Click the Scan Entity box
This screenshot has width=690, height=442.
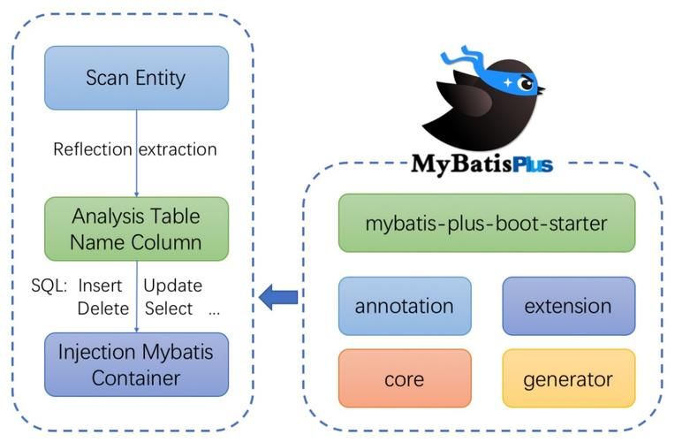coord(136,78)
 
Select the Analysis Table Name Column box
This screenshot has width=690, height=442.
coord(136,229)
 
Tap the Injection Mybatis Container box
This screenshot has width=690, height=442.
coord(136,364)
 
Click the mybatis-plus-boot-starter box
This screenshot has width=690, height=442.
coord(487,224)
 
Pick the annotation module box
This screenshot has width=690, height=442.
coord(405,307)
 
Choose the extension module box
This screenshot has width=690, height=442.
coord(568,307)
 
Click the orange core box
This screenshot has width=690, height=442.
coord(405,379)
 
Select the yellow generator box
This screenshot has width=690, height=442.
coord(568,379)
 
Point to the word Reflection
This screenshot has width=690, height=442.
coord(93,149)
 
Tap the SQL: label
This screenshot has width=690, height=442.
coord(49,286)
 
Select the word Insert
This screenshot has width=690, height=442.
coord(100,286)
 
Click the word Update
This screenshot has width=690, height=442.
coord(173,286)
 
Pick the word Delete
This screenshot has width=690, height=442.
coord(102,309)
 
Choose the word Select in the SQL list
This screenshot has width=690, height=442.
coord(168,309)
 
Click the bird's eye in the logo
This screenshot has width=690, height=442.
coord(527,84)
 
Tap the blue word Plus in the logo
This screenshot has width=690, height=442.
coord(525,164)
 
